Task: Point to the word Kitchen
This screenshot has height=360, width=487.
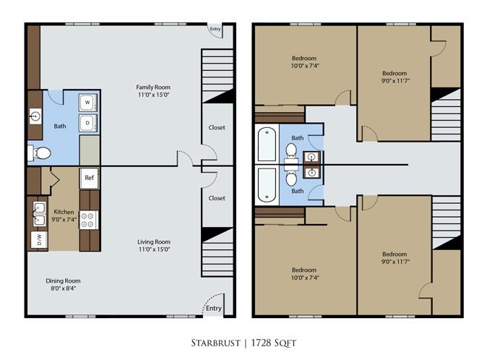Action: tap(64, 213)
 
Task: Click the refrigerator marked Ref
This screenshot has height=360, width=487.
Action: tap(90, 178)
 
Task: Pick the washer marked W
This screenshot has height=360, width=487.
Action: tap(88, 103)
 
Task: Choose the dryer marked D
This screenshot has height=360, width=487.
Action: tap(88, 123)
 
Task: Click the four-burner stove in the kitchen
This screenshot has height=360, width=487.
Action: tap(90, 219)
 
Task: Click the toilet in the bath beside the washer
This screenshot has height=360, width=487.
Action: tap(40, 153)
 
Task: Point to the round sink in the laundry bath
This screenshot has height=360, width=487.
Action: tap(35, 116)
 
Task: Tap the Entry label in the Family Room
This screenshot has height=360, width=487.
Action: tap(215, 30)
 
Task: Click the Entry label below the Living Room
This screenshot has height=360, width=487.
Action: tap(213, 309)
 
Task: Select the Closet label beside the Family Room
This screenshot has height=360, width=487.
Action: tap(216, 127)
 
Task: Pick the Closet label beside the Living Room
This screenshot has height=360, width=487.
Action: tap(216, 197)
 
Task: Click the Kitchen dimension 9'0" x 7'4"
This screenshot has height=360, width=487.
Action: tap(64, 220)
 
